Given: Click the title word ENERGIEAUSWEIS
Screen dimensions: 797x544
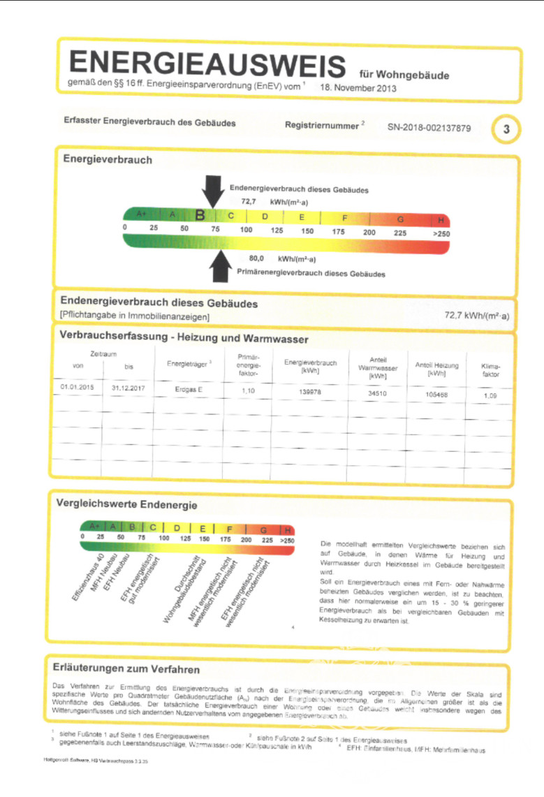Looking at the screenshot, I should click(207, 65).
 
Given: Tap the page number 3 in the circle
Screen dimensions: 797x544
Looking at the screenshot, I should click(506, 129).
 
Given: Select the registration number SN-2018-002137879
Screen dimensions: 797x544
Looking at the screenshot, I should click(429, 128).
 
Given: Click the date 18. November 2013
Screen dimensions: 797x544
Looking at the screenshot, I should click(358, 89).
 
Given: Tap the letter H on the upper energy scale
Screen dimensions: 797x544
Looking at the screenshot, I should click(441, 218).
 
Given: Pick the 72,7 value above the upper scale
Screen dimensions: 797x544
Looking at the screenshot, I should click(250, 200).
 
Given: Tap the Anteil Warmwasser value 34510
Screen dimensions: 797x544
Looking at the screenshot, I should click(377, 393).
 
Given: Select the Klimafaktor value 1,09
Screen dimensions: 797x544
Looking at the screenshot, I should click(491, 396).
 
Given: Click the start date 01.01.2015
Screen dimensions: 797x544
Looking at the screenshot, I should click(77, 386).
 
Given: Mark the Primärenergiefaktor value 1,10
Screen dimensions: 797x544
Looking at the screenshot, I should click(249, 390).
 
